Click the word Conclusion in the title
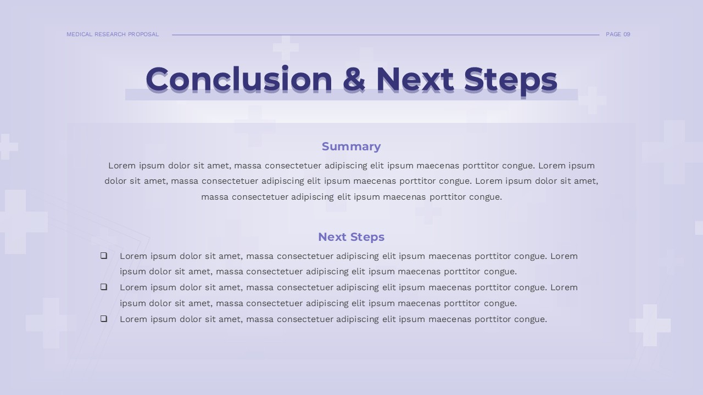point(239,79)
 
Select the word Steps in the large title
point(510,79)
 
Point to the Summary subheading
point(351,146)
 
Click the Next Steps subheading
point(351,237)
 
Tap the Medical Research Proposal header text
point(113,34)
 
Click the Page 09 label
point(618,34)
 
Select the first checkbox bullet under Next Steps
point(104,256)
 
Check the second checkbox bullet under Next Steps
point(104,287)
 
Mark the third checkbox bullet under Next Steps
point(104,319)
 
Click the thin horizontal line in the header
point(384,35)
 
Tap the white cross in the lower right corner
point(650,325)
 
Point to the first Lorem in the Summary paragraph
point(122,166)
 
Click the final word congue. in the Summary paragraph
point(484,197)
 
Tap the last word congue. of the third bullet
point(529,319)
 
